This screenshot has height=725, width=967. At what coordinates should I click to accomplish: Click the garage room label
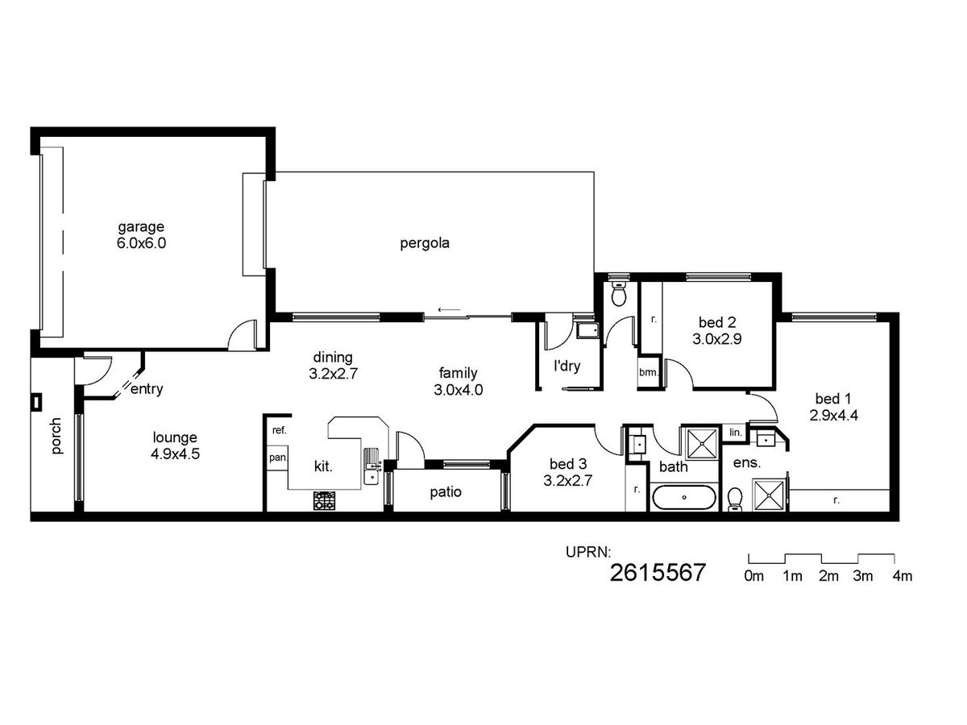(x=141, y=227)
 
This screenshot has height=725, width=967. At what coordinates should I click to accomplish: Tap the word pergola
(x=425, y=243)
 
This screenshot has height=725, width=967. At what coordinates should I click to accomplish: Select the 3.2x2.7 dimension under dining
(x=333, y=374)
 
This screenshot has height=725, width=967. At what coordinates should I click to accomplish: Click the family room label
(x=459, y=373)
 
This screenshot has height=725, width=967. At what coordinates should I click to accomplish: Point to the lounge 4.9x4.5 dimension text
(x=176, y=454)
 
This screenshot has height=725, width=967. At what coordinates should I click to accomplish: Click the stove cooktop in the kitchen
(x=324, y=501)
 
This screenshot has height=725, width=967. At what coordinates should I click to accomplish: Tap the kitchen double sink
(x=371, y=466)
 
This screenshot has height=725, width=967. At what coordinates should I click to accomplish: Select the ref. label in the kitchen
(x=280, y=430)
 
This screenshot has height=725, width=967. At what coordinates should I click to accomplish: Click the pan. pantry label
(x=277, y=458)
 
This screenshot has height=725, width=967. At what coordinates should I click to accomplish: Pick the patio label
(x=446, y=492)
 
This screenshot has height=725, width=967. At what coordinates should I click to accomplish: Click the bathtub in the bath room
(x=683, y=497)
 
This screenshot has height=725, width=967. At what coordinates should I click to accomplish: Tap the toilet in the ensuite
(x=735, y=499)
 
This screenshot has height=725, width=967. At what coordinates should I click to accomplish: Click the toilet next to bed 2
(x=619, y=293)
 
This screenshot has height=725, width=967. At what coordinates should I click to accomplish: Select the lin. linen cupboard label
(x=736, y=433)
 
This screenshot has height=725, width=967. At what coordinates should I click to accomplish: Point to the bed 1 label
(x=833, y=399)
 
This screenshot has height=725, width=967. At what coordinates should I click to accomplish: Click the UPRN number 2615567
(x=658, y=573)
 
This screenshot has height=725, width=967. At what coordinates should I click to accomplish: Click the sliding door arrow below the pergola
(x=449, y=309)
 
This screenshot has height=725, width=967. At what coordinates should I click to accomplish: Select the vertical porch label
(x=56, y=436)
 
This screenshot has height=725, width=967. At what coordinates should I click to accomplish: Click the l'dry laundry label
(x=567, y=366)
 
